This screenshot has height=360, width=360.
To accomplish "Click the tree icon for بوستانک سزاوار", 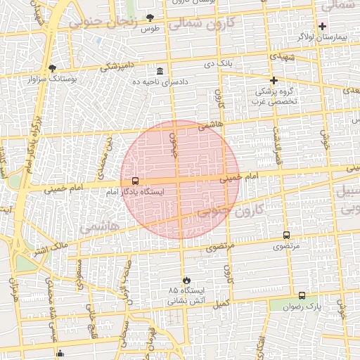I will pos(52,68).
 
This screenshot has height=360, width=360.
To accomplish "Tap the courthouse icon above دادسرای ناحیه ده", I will pos(160,71).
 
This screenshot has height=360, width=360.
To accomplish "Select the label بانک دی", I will pos(218,64).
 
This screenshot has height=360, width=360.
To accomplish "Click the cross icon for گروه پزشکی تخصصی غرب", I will pos(274,80).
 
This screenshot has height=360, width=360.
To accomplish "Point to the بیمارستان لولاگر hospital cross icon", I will pos(322,26).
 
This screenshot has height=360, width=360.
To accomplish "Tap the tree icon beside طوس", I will pos(149,18).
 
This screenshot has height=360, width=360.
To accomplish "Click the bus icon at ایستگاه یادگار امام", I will pos(135,181).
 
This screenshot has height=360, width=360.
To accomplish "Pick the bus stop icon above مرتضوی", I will pos(286,235).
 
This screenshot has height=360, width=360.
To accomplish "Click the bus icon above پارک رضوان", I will pos(302,296).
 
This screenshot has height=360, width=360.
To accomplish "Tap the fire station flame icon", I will pos(186,281).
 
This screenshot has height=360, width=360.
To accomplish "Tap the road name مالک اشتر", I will pos(51,247).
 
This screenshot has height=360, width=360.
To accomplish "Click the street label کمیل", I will pos(221,303).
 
